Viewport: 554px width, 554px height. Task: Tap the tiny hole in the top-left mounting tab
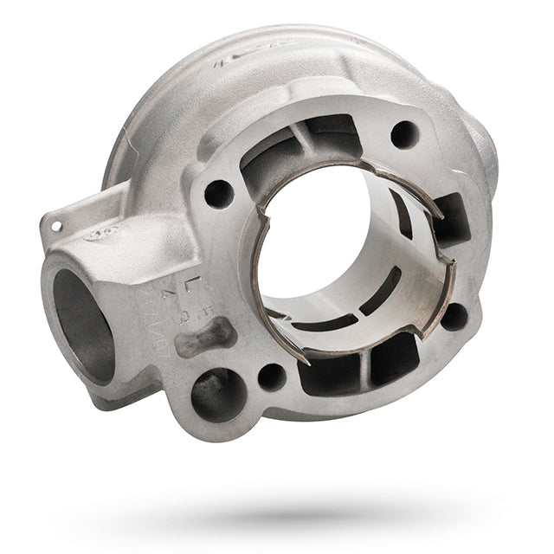pos(56,225)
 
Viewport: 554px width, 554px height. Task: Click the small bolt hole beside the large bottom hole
pos(271,377)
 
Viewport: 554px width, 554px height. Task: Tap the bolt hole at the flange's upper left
pos(218,193)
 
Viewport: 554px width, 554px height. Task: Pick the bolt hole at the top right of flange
pos(403,133)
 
